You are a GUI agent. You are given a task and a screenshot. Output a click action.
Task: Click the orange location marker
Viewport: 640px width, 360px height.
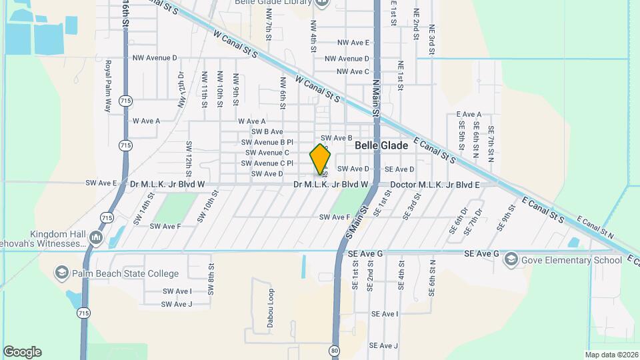320,159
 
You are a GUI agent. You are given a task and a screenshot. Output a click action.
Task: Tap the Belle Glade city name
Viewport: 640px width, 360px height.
381,145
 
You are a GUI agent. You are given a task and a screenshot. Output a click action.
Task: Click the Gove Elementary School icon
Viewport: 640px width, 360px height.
511,259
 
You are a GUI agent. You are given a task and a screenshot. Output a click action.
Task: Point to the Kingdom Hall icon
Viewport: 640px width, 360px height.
96,237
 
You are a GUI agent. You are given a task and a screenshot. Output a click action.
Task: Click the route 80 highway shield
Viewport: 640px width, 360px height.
334,350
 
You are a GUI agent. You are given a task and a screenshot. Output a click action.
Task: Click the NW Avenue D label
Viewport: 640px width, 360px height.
155,58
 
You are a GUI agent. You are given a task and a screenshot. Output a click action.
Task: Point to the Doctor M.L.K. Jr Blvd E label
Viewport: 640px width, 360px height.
435,184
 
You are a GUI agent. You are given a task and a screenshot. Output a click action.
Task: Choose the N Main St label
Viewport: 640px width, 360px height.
375,98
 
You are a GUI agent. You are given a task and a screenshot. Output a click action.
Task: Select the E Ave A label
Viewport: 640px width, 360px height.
469,115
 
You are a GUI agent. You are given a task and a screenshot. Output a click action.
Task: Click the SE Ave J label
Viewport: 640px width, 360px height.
384,345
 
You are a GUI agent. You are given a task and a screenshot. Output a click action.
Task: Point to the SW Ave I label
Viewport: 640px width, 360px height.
176,291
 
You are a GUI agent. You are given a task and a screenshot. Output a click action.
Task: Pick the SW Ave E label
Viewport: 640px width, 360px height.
101,183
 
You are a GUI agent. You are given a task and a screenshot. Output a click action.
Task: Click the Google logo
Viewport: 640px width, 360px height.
22,352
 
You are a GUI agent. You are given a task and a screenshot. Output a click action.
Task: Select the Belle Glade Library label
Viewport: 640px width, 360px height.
273,3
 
